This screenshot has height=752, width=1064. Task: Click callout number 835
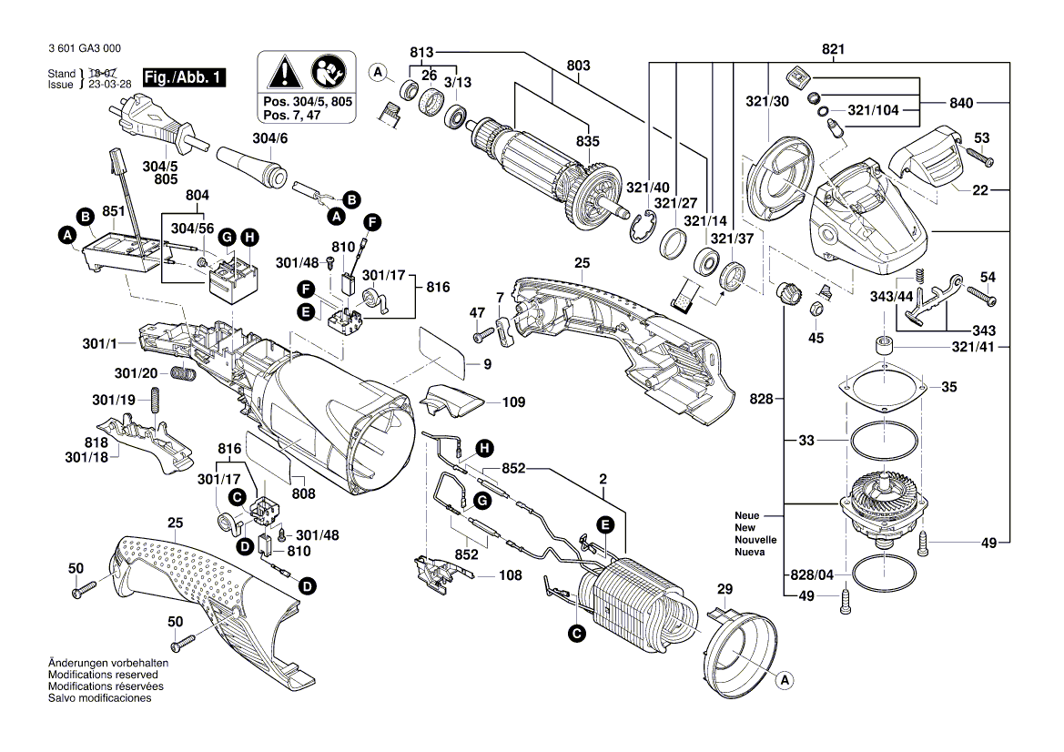588,141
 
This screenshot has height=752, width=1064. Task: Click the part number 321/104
873,110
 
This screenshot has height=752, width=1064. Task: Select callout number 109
513,401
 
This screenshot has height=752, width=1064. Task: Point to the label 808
303,493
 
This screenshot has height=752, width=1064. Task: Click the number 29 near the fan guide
725,590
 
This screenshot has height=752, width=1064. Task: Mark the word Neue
746,516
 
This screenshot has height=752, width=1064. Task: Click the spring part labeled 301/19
156,399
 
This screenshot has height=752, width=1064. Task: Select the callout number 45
816,338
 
